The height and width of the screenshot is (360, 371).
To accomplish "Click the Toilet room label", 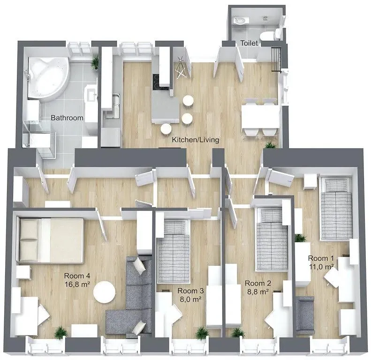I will coord(249,43).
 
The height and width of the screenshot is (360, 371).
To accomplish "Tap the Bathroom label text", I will coord(67,118).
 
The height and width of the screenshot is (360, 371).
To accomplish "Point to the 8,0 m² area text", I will coord(190,299).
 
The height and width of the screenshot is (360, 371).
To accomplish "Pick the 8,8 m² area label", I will coord(257,292).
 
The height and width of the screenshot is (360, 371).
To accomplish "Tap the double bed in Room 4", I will coord(51,239).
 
